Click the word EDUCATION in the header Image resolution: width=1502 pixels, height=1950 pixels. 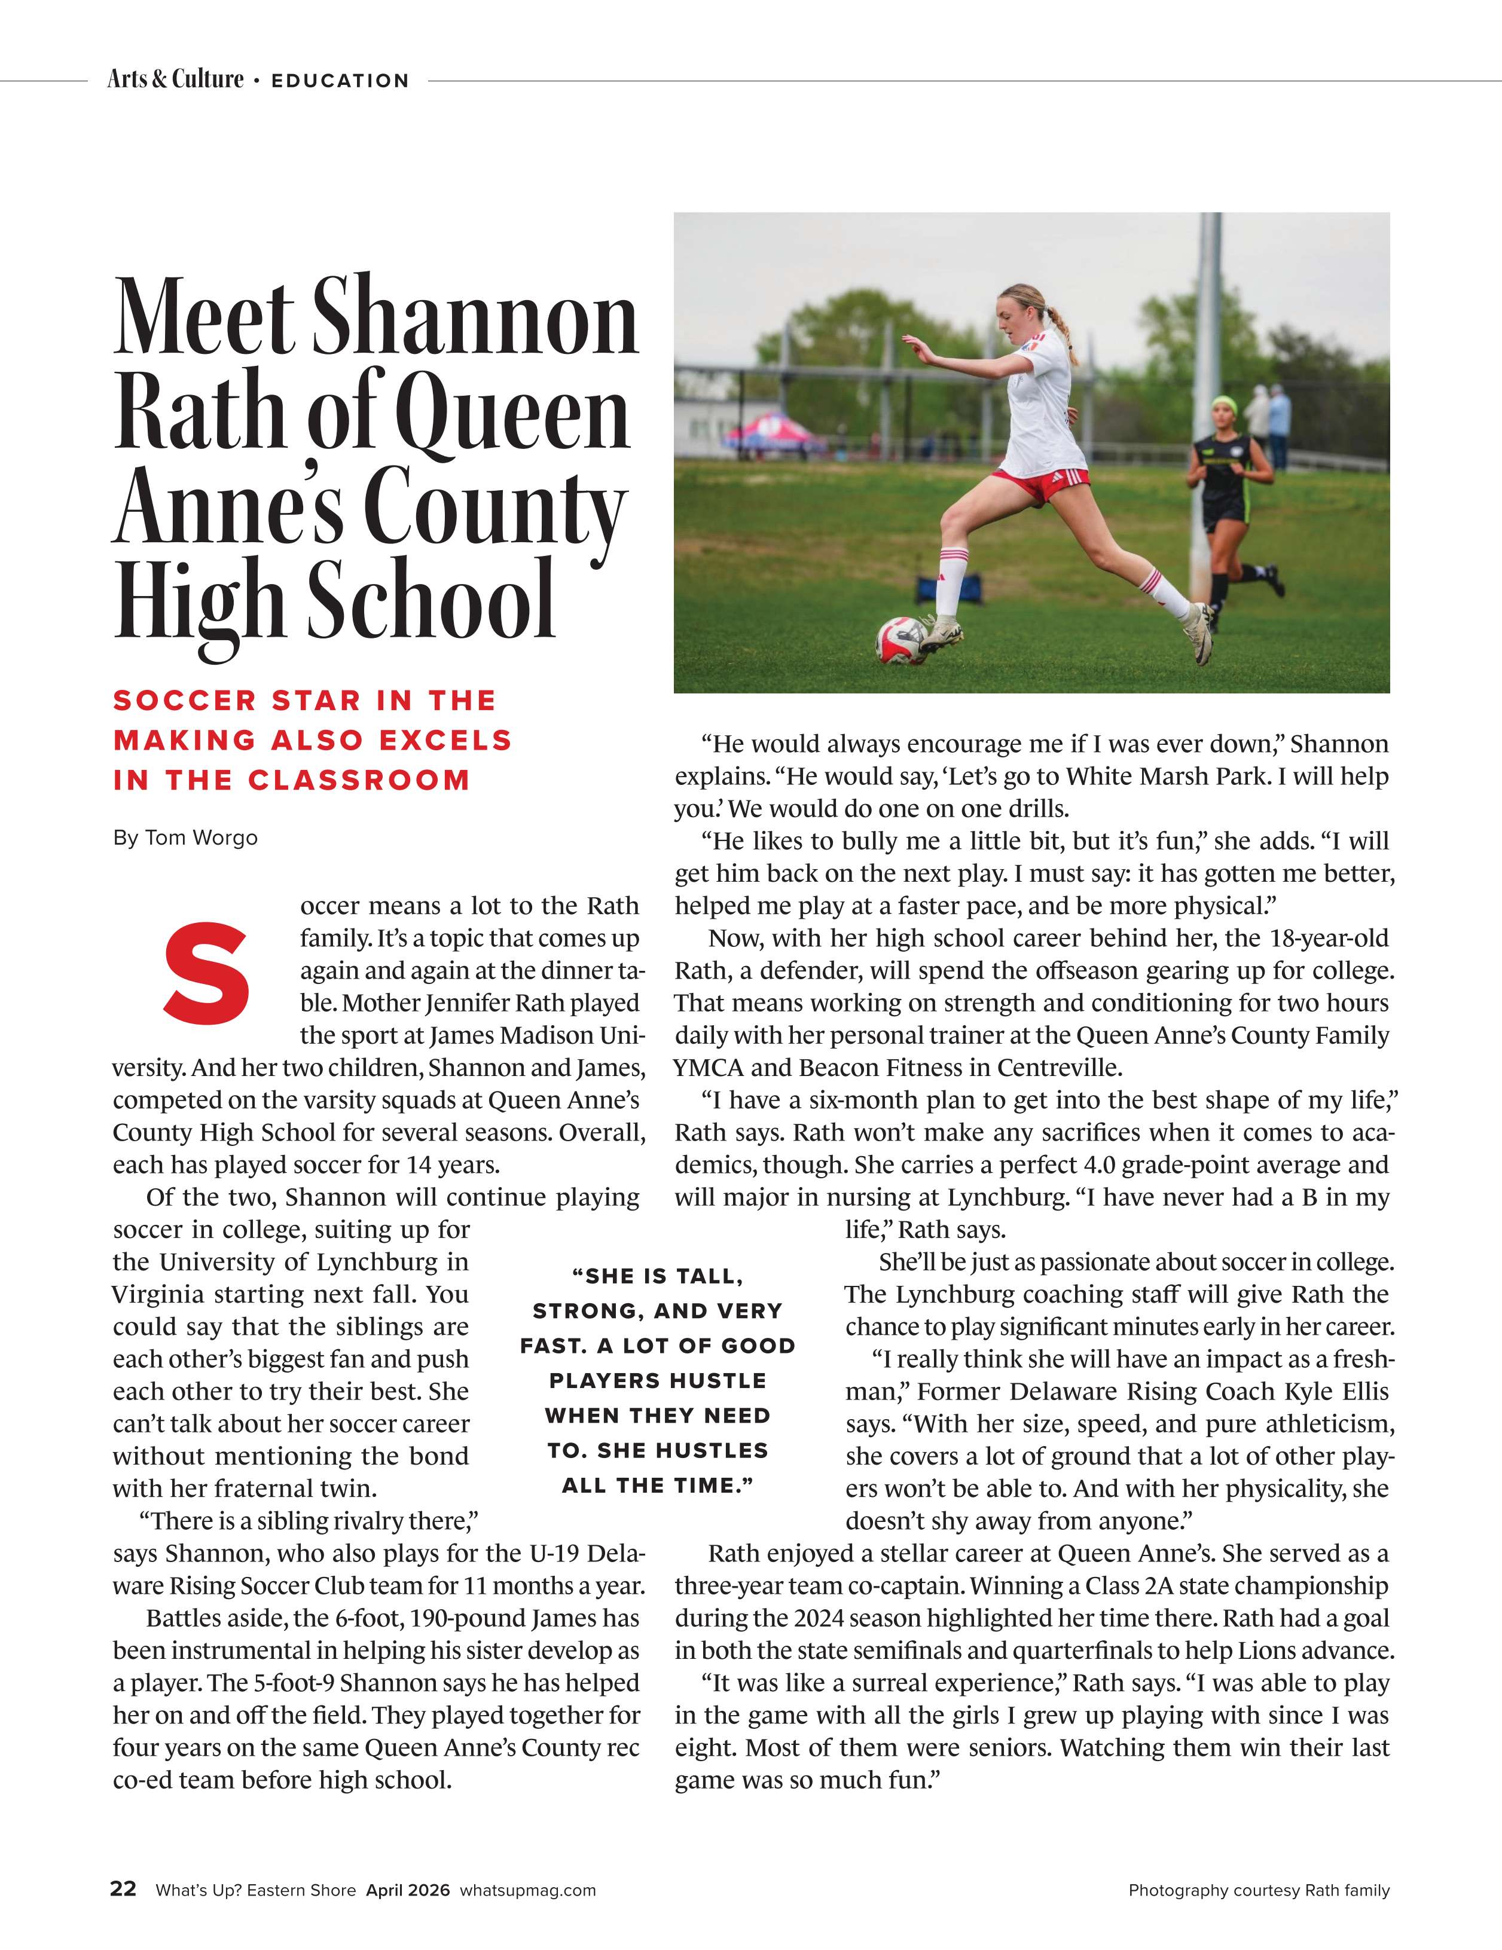pyautogui.click(x=340, y=80)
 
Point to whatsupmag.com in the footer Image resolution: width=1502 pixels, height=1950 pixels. pyautogui.click(x=528, y=1890)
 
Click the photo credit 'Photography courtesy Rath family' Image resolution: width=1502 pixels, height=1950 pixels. pyautogui.click(x=1259, y=1890)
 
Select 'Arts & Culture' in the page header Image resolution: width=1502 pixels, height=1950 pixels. pyautogui.click(x=175, y=80)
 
